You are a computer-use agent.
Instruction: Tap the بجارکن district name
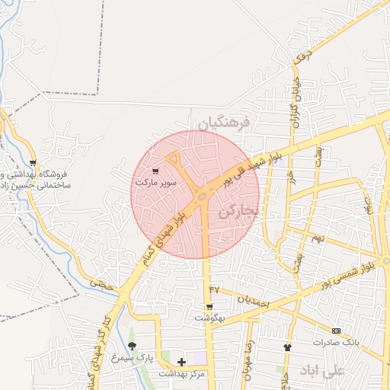click(238, 209)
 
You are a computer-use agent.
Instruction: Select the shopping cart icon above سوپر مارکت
click(156, 171)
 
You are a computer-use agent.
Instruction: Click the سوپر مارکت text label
click(156, 184)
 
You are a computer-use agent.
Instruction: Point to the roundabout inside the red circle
click(202, 197)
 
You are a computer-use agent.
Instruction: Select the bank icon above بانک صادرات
click(336, 331)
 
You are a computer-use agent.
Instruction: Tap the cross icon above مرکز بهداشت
click(181, 361)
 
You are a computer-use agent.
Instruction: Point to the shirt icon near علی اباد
click(287, 347)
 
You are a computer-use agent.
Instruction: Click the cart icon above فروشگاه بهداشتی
click(33, 162)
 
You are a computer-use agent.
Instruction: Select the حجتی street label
click(101, 283)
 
